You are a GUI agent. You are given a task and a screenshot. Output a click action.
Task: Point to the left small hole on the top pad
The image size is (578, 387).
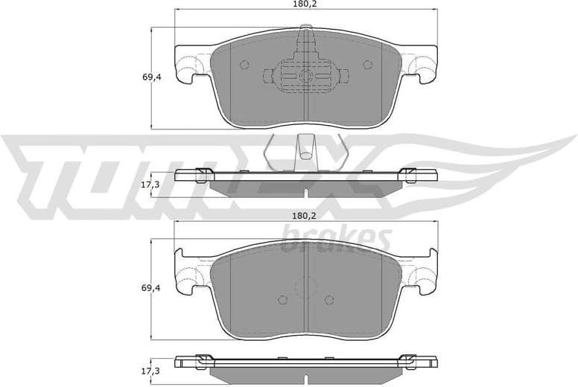pos(244,65)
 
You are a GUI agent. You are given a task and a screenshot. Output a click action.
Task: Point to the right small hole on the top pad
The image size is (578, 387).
pos(367,65)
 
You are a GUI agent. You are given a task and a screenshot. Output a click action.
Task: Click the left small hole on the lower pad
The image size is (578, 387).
pos(282,300)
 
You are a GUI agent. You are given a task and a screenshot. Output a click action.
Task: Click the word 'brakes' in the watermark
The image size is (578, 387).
pos(336,240)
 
